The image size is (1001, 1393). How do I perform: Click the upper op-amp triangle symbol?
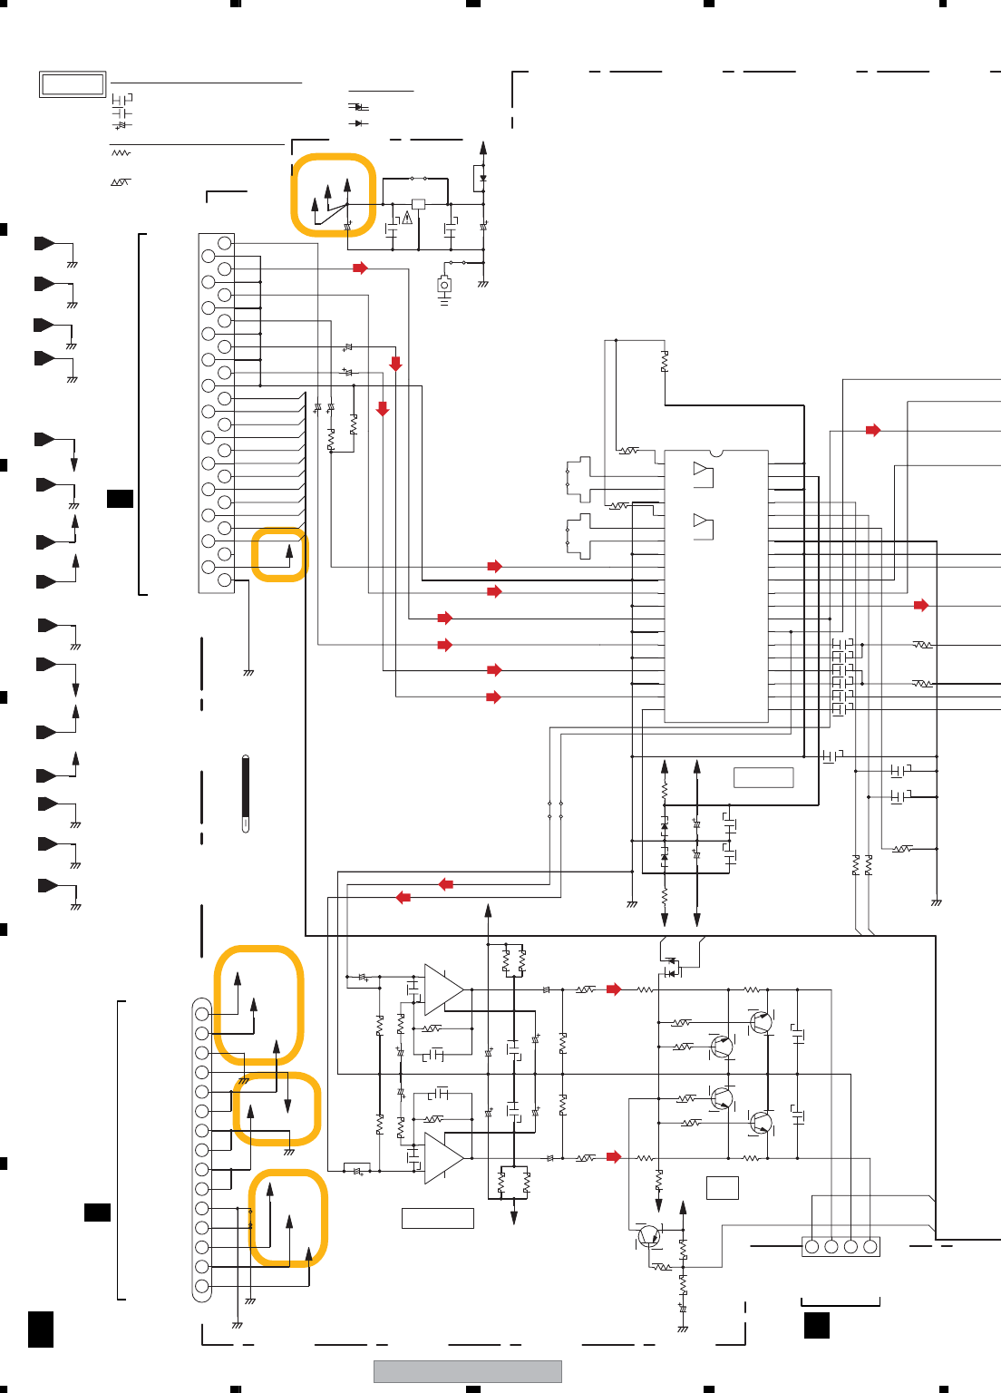442,989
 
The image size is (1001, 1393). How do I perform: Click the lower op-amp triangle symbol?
442,1158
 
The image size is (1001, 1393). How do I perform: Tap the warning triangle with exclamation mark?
408,218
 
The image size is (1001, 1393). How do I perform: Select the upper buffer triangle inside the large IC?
701,469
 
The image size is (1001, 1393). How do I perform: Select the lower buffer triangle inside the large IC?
701,521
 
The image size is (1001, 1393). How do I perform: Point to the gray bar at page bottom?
468,1371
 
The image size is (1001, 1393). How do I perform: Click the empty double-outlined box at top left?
73,84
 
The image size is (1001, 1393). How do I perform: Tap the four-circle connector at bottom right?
841,1247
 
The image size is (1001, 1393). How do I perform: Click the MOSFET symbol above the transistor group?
671,968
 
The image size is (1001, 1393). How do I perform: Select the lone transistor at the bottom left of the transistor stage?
649,1235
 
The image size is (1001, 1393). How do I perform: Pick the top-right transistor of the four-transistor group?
761,1023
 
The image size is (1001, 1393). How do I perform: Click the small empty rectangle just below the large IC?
763,777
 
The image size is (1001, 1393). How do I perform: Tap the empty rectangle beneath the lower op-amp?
438,1218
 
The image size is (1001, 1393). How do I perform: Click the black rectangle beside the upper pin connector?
120,498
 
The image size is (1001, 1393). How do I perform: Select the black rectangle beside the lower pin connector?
97,1213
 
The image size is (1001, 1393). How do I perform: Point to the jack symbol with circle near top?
444,286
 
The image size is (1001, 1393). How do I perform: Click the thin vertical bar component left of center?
246,794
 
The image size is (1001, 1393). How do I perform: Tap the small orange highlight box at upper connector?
279,554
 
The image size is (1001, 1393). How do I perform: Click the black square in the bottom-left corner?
41,1329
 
